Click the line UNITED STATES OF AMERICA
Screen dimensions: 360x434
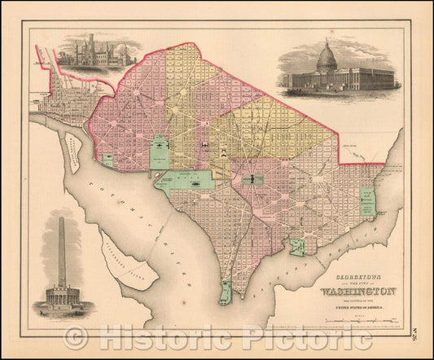[354, 309]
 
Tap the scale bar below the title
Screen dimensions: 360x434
[358, 323]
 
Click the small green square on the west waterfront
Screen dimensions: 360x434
[107, 159]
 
